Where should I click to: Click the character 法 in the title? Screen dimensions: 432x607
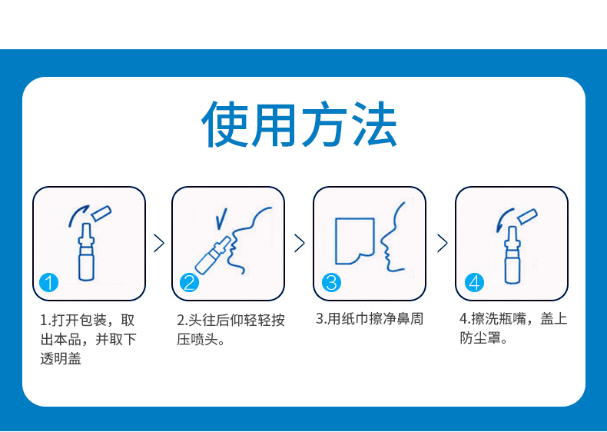[373, 125]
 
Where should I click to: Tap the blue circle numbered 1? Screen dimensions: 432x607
[48, 282]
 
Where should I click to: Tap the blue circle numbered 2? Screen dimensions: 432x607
[189, 282]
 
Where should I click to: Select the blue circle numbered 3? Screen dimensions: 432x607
[330, 282]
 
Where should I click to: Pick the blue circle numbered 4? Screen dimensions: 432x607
[474, 282]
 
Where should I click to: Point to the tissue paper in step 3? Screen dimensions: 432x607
[354, 240]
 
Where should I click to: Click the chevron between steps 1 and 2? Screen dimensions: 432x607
[159, 244]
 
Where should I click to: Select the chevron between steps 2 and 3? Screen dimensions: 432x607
[300, 244]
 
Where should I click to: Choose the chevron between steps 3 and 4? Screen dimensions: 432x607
[442, 244]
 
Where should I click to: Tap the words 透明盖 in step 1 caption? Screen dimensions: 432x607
[61, 357]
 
